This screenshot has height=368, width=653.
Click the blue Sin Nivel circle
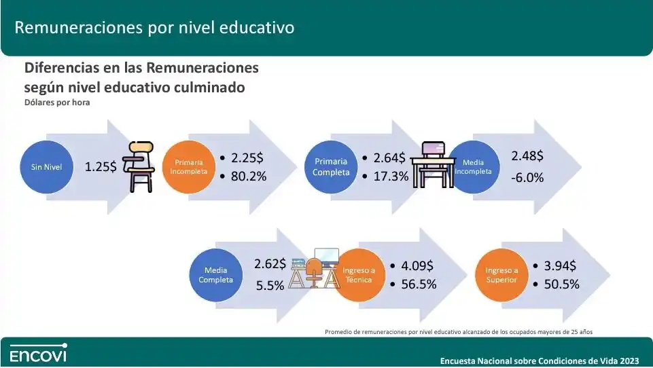47,167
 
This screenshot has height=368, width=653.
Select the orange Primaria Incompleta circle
189,167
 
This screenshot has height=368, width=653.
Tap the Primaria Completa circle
331,167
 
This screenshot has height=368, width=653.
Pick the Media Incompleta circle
474,167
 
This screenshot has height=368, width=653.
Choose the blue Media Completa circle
215,275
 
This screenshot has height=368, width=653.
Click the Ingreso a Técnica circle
359,275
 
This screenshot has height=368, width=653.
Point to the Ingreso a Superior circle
502,275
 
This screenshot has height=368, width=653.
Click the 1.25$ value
101,167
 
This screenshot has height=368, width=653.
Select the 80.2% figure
249,176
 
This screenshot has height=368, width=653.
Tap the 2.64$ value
389,158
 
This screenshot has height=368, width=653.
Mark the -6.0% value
527,178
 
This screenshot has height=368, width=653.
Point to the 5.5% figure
270,286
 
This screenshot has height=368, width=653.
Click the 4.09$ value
417,265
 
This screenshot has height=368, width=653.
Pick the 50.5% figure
562,284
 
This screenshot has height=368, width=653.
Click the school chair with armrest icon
139,167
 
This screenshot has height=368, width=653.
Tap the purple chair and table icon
432,165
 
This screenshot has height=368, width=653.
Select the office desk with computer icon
315,268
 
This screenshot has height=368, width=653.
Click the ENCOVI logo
38,353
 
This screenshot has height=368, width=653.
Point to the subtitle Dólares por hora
57,103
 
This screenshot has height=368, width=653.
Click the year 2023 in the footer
629,361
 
